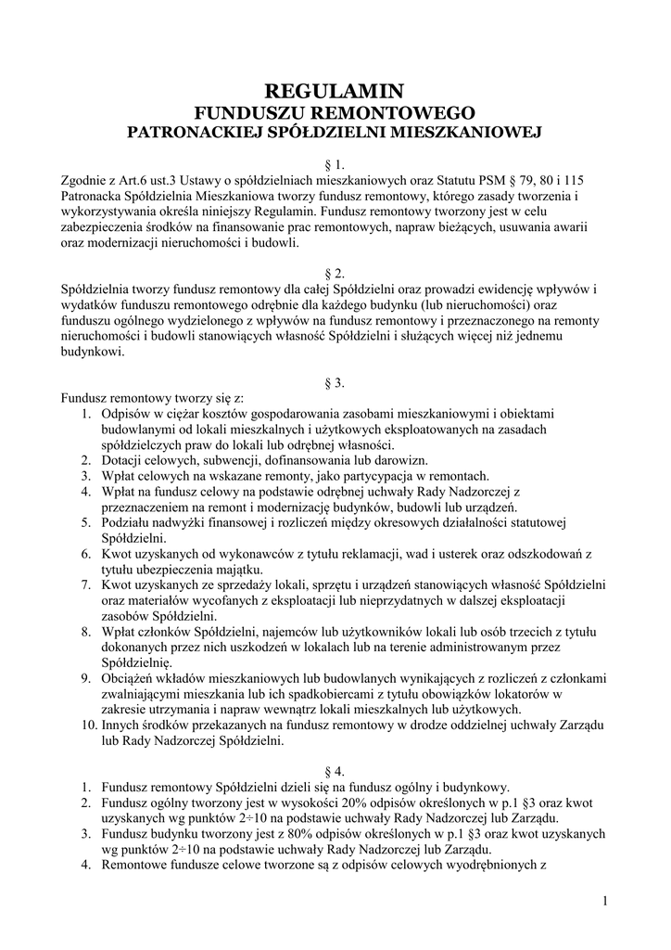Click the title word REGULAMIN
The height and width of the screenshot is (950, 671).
coord(335,91)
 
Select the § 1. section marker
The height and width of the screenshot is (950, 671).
coord(335,164)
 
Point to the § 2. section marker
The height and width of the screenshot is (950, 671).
coord(335,273)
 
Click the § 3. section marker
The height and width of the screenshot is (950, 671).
coord(335,381)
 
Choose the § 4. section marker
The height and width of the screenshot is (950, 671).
coord(335,771)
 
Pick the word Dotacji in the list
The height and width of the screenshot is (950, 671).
coord(125,460)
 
